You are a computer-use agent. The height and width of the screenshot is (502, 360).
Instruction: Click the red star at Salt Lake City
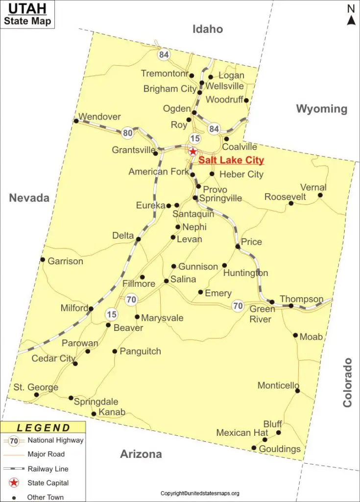193,152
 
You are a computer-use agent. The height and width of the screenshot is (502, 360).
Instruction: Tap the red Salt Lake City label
231,160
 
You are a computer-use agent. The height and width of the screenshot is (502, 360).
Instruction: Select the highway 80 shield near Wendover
128,132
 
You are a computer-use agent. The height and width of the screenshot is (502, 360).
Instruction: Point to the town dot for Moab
295,335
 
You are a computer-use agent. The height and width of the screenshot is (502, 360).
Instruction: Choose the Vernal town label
313,187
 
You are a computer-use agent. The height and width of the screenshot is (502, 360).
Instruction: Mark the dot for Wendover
76,121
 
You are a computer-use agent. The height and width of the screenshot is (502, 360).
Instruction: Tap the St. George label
36,387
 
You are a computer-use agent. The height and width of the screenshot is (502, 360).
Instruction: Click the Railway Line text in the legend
48,469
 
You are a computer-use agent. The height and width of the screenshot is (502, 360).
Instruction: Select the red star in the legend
14,483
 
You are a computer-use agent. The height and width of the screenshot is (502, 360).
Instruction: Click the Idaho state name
208,29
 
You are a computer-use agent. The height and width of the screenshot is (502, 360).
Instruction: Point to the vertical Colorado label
347,382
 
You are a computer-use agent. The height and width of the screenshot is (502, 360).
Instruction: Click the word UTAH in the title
27,9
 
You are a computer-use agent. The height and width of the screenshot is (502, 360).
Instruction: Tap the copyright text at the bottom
200,493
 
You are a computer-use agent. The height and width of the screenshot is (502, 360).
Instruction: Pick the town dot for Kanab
94,414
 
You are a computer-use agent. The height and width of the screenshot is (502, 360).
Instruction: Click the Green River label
260,314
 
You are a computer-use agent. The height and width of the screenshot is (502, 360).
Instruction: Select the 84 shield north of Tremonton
164,55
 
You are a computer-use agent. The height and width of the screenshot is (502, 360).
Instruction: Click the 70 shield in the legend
14,441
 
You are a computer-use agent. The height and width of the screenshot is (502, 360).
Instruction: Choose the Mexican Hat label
242,433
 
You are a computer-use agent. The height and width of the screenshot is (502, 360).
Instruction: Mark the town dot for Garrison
43,260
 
